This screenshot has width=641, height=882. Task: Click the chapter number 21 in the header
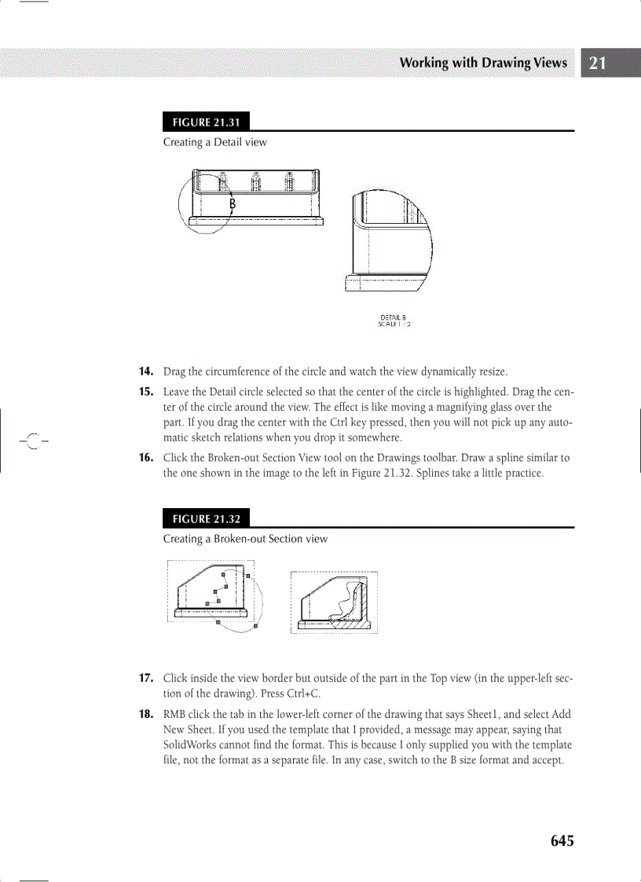pos(597,64)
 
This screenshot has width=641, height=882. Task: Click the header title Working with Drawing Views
pos(483,63)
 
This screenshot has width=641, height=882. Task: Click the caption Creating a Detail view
pos(214,142)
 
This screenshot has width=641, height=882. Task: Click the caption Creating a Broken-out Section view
pos(245,539)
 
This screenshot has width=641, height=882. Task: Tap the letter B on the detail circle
pos(233,204)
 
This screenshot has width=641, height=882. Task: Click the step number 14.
pos(146,371)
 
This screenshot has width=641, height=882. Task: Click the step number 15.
pos(146,391)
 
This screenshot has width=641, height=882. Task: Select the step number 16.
pos(146,457)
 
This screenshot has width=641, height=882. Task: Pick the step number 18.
pos(146,714)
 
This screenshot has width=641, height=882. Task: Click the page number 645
pos(562,841)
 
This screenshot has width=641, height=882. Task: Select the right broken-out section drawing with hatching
pos(335,602)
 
